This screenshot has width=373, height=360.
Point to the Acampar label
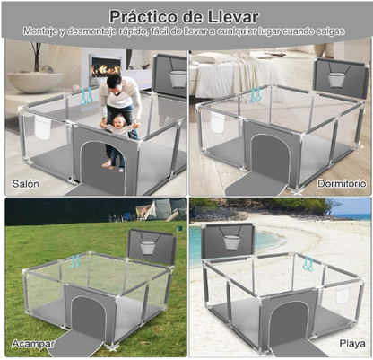point(32,344)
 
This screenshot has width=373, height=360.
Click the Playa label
point(351,344)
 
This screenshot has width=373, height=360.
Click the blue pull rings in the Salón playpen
point(87,94)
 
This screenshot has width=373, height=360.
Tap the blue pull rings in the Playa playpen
point(308,264)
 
